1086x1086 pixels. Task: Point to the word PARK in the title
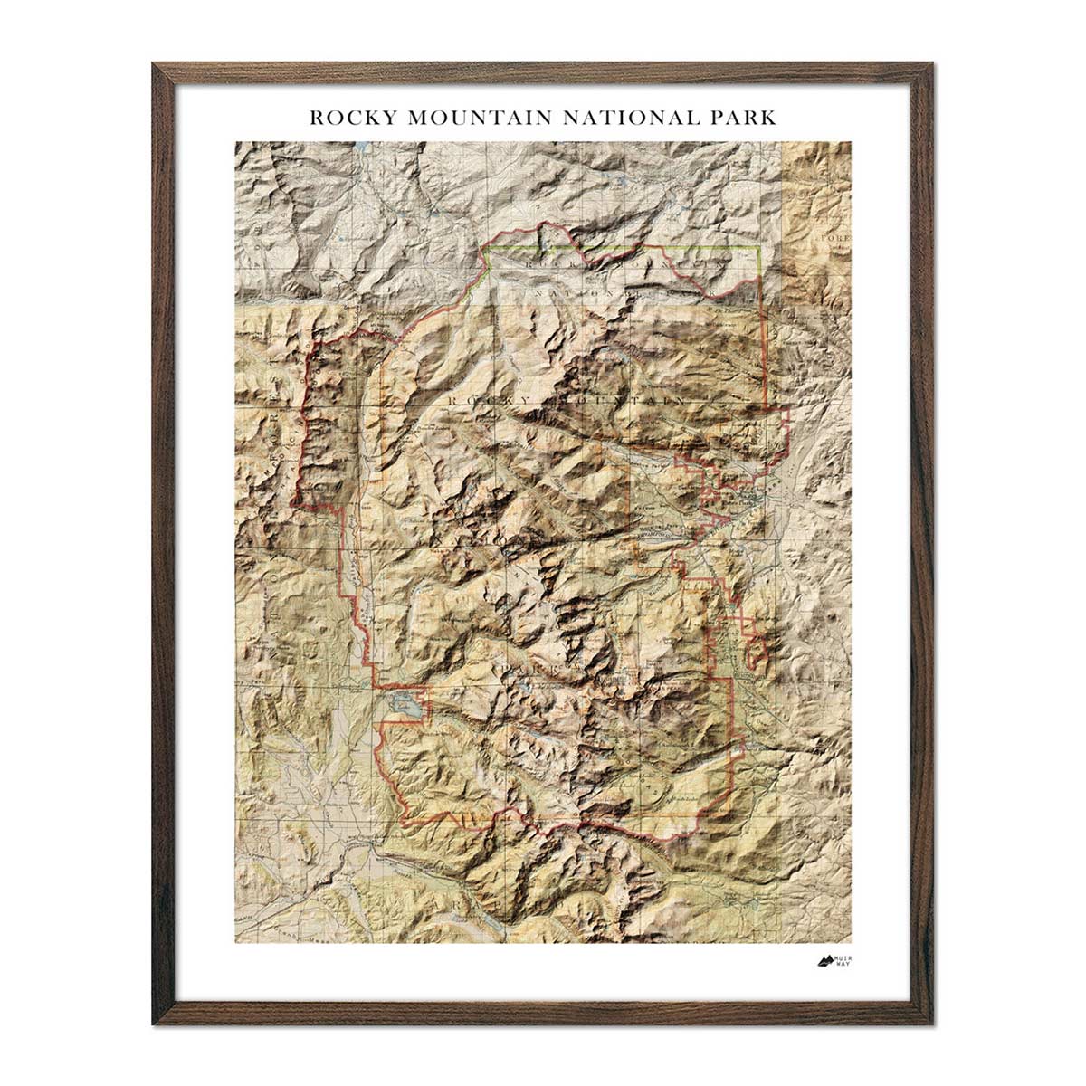742,118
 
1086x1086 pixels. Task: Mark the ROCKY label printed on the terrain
481,399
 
